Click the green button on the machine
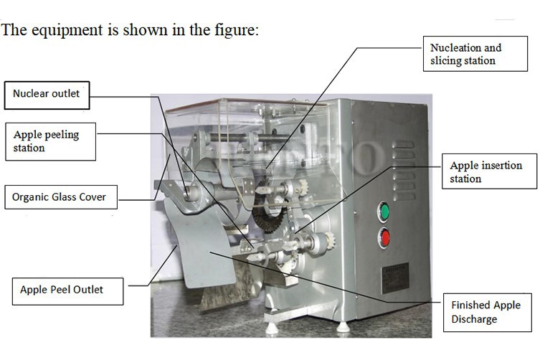coord(384,212)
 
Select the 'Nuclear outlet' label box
coord(47,93)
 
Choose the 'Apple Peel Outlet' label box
coord(67,290)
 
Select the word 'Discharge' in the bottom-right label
coord(474,319)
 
